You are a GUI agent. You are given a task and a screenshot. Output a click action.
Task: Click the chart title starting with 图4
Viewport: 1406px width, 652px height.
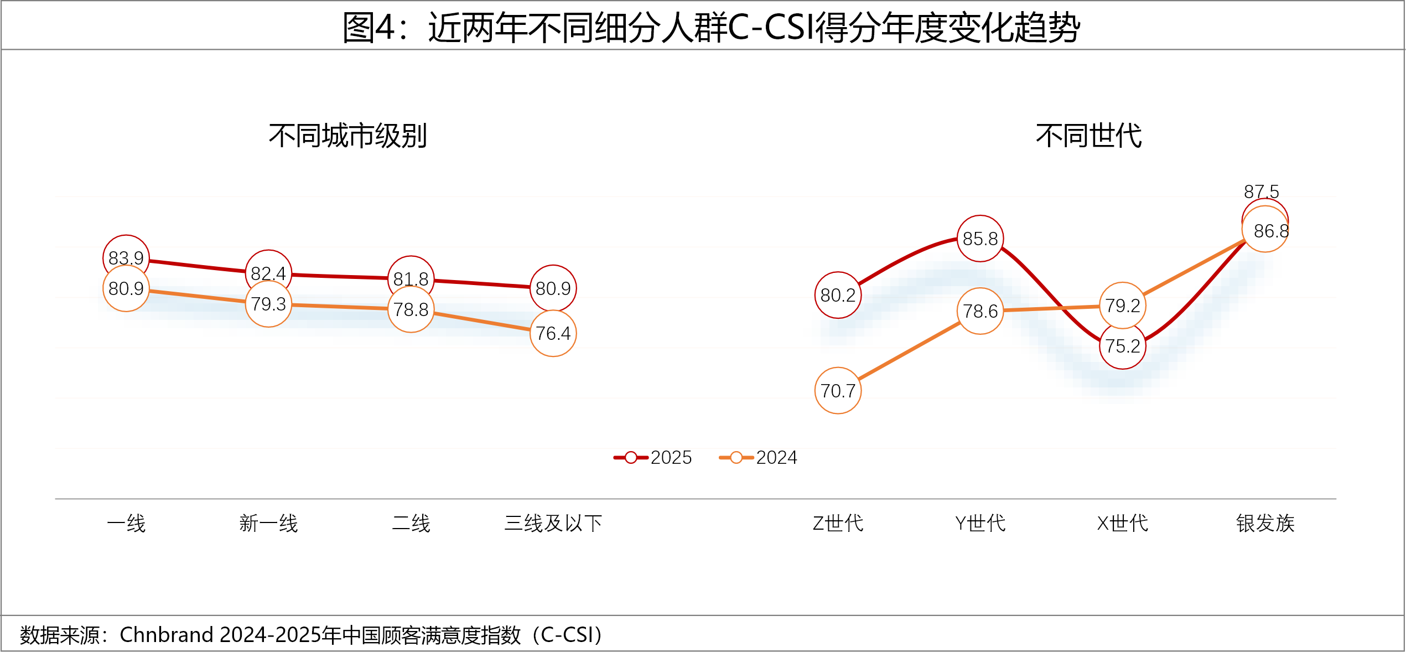pos(710,28)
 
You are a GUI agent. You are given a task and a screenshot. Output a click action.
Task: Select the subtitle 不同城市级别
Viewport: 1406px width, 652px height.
pos(347,136)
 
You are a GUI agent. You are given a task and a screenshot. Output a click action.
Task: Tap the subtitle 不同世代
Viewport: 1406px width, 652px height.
pos(1088,136)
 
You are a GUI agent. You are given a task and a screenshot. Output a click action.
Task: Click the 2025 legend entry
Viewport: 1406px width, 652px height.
pos(653,457)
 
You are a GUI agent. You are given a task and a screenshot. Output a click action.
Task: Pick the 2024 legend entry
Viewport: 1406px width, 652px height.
pos(759,457)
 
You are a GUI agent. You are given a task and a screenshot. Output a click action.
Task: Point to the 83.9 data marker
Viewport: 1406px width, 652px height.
pos(126,257)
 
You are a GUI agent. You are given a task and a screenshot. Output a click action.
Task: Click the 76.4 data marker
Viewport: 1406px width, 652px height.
pos(553,333)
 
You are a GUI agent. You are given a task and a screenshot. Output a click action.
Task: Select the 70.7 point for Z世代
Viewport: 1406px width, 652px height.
pos(838,391)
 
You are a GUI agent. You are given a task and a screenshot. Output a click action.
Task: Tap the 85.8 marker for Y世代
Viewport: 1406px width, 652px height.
pos(980,239)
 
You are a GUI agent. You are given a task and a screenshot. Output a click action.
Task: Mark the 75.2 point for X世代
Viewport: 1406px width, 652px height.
pos(1123,346)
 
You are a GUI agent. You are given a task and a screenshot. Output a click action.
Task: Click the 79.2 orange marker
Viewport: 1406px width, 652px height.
pos(1123,306)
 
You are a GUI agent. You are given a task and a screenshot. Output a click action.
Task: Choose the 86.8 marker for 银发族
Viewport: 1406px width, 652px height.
pos(1266,230)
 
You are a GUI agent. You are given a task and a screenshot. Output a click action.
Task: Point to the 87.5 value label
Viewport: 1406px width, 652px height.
pos(1261,192)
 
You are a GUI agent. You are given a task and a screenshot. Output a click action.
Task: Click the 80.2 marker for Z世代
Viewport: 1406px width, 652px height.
pos(838,295)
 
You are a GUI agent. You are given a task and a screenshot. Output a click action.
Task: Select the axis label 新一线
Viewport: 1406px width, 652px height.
pos(268,523)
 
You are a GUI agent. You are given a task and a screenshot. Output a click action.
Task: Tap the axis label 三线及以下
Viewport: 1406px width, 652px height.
pos(553,523)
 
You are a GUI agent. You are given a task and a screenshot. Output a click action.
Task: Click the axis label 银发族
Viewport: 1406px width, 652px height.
pos(1265,523)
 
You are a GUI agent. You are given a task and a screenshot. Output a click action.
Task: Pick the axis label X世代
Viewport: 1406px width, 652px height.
pos(1123,523)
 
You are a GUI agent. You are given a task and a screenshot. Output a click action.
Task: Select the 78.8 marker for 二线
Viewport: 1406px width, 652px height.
pos(411,309)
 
